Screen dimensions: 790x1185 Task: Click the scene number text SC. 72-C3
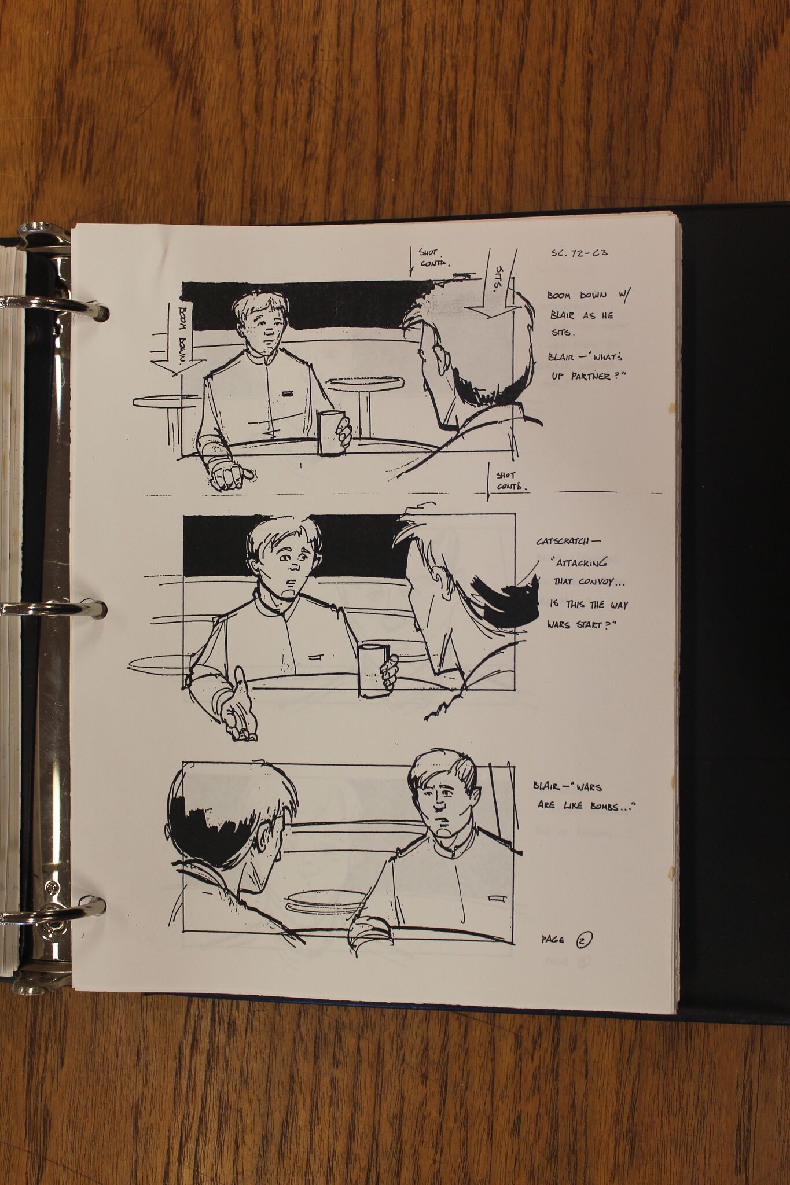579,253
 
